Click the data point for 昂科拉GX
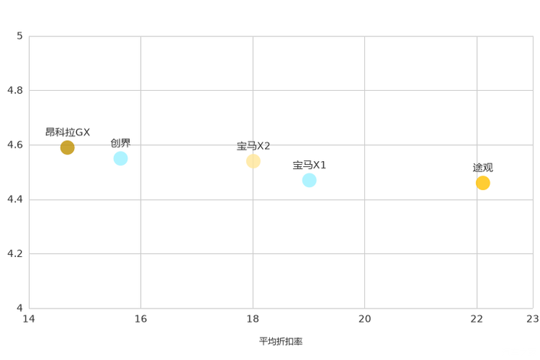click(x=67, y=147)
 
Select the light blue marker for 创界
click(x=120, y=158)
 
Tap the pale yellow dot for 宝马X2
click(x=253, y=161)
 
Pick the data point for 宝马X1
click(x=309, y=180)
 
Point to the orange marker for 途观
click(x=483, y=183)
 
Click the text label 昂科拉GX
click(x=67, y=132)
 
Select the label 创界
click(x=120, y=143)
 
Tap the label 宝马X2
click(x=253, y=146)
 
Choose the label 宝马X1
click(x=309, y=165)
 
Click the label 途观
click(x=483, y=168)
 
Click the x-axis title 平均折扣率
click(x=281, y=341)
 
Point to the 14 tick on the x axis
click(x=29, y=319)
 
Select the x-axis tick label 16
click(x=141, y=319)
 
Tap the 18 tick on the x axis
click(x=253, y=319)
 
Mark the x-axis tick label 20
click(x=364, y=319)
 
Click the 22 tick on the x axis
click(x=477, y=319)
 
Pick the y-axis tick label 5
click(x=20, y=36)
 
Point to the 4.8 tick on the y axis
click(x=15, y=90)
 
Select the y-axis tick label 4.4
click(x=15, y=199)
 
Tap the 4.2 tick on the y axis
click(x=15, y=253)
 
